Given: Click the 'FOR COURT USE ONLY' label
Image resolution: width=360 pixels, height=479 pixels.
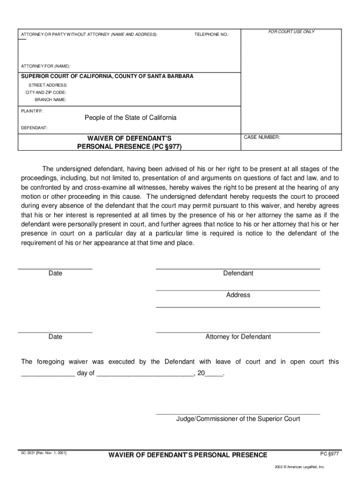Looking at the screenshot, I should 291,32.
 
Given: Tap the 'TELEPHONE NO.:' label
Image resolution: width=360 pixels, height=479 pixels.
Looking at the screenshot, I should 212,35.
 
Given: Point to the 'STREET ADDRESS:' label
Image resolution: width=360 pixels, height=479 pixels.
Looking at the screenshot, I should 48,85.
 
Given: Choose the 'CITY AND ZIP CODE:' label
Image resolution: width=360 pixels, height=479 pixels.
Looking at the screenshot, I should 46,93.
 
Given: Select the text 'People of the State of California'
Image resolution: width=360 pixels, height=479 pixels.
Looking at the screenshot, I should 130,117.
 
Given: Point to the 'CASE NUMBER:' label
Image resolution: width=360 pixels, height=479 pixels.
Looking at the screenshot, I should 262,138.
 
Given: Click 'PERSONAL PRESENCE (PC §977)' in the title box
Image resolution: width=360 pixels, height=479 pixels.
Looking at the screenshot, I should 130,146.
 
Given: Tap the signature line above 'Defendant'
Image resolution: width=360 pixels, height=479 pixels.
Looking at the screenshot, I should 238,269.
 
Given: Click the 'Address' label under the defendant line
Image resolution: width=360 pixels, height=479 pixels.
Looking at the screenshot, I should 238,295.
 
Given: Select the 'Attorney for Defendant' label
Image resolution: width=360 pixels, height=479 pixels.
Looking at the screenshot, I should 238,337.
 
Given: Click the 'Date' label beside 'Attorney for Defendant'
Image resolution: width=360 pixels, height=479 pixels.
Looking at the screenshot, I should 55,337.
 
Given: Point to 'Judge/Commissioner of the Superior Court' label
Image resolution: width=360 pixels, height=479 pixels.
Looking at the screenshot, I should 238,419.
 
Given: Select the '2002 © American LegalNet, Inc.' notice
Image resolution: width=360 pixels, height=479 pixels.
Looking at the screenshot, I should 300,467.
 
